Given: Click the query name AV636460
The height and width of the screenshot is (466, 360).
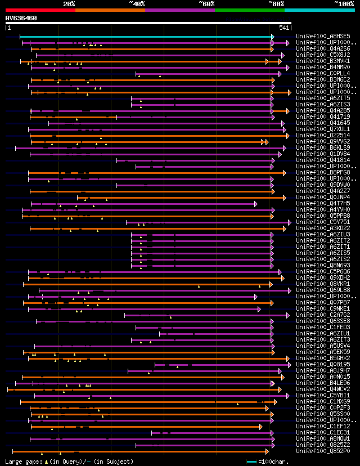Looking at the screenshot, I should click(x=21, y=18).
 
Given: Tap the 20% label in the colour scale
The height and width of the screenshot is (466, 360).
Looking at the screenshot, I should click(x=69, y=4).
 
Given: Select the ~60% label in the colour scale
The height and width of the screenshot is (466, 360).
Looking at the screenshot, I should click(x=206, y=4).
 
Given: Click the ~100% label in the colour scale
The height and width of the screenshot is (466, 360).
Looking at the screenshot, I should click(x=344, y=4).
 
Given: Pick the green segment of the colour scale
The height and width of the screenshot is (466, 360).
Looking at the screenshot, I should click(x=249, y=10).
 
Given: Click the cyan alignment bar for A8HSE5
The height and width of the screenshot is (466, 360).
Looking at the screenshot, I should click(x=146, y=37).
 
